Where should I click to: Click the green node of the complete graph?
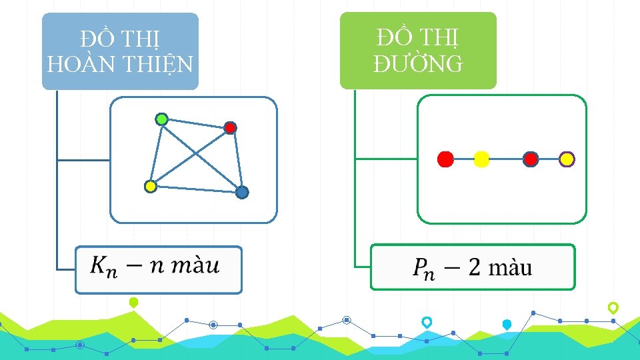pos(161,119)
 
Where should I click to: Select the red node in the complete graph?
pos(230,127)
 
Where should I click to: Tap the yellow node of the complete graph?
pos(151,187)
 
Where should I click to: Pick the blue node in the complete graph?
pos(242,192)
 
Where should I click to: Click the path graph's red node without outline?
pos(445,159)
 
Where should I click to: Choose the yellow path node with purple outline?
pos(567,159)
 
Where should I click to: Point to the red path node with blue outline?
pos(531,159)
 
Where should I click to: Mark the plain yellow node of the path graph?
pos(481,159)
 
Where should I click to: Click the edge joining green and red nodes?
pos(195,123)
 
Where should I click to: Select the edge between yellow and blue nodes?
pos(197,189)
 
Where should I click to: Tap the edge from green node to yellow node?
pos(156,153)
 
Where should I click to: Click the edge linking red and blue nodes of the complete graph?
pos(236,160)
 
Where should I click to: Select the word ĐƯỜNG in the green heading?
pos(418,63)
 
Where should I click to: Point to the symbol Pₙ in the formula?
pos(423,269)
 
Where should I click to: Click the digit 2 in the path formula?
pos(474,267)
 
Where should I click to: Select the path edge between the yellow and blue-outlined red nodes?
pos(506,159)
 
